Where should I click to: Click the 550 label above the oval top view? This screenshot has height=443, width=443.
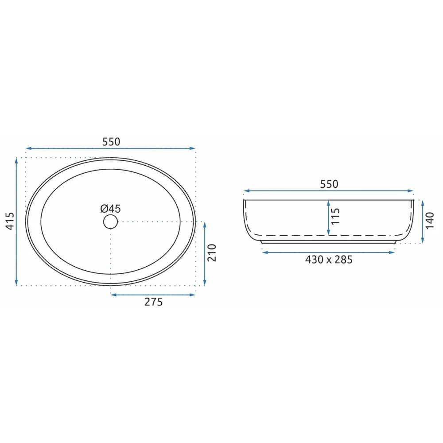(111, 142)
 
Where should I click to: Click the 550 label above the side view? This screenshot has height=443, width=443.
(329, 184)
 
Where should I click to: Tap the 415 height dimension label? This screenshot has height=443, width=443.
(10, 221)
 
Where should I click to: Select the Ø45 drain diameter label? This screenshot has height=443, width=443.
(110, 209)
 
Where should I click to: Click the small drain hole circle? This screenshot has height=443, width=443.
(110, 221)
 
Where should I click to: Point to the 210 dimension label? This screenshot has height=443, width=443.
(212, 253)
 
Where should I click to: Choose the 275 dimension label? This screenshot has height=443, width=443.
(154, 302)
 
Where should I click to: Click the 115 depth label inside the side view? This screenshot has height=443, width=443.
(335, 217)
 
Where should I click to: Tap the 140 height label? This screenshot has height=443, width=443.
(429, 221)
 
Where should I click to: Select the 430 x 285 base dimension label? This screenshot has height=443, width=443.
(329, 260)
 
